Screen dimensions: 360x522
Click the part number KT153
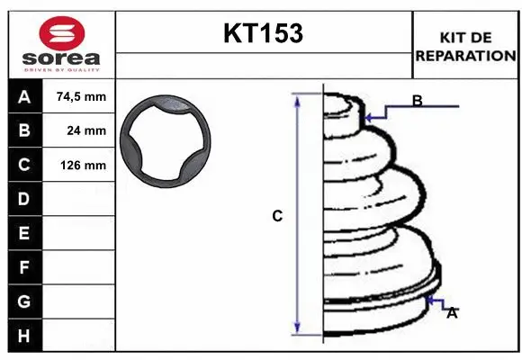pos(262,34)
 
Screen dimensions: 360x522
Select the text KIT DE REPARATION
pos(465,46)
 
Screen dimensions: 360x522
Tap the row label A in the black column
pos(23,97)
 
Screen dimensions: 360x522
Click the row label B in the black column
pos(23,130)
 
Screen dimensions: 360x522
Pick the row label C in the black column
pos(23,165)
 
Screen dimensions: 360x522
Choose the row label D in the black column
pos(23,198)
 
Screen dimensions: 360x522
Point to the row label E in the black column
pos(23,233)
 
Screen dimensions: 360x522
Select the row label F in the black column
pos(23,266)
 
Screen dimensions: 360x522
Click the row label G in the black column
pos(23,301)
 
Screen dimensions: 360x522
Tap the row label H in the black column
pos(23,335)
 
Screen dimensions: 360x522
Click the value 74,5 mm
pos(81,97)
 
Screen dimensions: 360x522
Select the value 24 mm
pos(86,130)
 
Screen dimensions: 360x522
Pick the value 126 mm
pos(83,165)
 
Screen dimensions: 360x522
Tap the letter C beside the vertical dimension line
pos(277,216)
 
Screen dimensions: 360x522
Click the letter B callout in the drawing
pos(417,101)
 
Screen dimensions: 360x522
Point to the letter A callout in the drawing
pos(452,313)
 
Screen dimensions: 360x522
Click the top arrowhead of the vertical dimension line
pos(297,98)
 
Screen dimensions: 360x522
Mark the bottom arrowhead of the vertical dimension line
pos(297,330)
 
